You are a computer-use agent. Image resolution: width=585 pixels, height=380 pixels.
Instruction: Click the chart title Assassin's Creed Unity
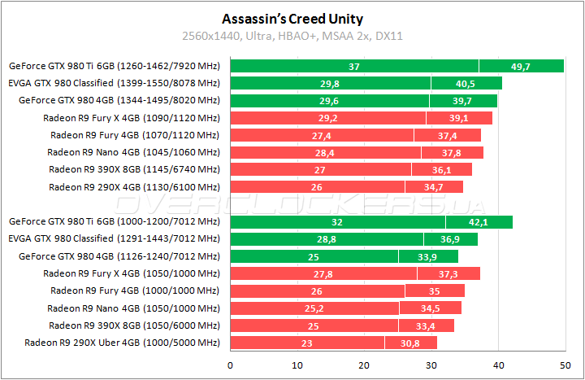292,18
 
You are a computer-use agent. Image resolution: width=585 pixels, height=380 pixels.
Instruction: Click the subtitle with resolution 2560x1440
292,36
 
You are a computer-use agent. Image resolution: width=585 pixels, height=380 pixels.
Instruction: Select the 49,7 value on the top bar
521,66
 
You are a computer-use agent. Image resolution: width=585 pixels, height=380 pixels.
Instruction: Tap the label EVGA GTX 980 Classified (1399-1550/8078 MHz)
114,83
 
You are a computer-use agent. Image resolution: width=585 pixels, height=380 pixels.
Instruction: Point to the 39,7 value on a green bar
463,101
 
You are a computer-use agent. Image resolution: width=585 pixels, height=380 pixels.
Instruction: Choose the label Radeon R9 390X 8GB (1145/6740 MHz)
133,169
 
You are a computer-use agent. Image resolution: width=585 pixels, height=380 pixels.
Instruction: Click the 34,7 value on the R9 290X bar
434,187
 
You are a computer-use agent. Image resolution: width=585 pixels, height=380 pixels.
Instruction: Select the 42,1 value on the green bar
479,221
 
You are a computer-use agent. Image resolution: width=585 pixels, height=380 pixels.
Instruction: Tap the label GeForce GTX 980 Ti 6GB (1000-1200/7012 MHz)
114,221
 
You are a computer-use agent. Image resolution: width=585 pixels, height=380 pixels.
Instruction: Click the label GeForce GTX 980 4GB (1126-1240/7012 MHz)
119,256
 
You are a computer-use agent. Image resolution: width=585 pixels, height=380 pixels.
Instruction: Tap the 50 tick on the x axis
565,365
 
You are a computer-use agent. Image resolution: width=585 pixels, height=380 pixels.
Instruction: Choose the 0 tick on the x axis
231,365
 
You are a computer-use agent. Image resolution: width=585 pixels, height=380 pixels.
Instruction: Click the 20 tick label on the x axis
364,365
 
